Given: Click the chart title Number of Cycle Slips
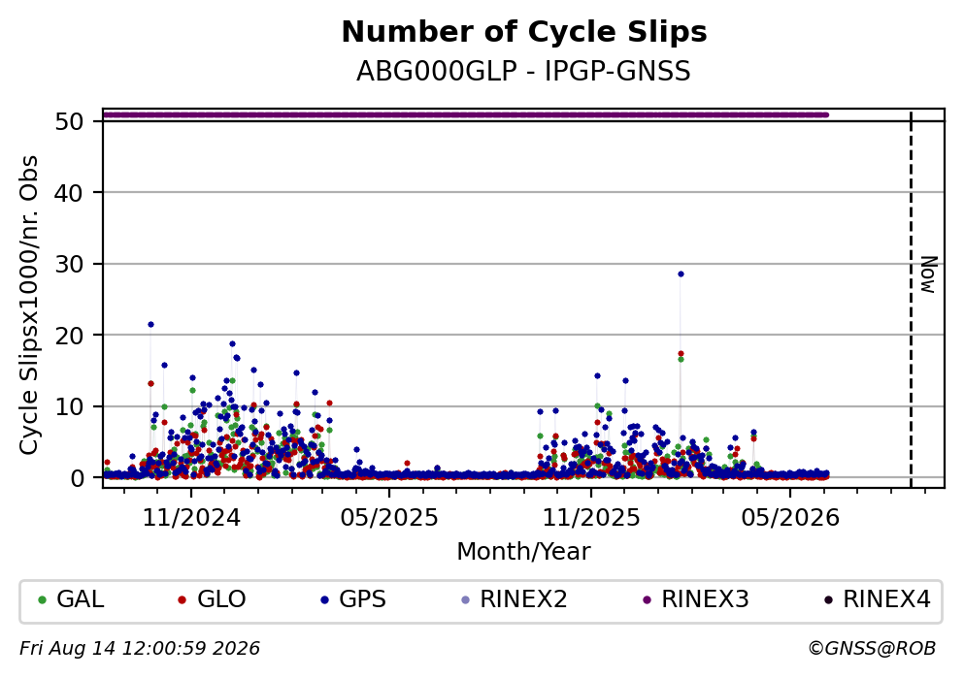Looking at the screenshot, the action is (x=524, y=32).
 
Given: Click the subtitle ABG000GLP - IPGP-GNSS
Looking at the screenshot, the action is (x=524, y=71).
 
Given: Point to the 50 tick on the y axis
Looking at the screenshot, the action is (x=69, y=121).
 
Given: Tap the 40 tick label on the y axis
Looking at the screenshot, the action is (x=69, y=193).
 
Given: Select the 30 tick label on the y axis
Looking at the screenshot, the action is (x=69, y=264).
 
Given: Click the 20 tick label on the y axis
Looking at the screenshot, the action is (x=69, y=336).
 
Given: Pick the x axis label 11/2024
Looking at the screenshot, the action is (x=191, y=518).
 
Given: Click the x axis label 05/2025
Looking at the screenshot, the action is (x=389, y=518).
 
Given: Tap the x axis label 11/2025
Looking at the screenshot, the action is (x=591, y=518).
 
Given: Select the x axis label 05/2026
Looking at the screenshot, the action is (x=790, y=518).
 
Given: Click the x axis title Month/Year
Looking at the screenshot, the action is (x=524, y=552).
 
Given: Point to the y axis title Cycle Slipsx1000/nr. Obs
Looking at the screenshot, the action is (x=28, y=306).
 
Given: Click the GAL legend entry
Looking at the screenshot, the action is (x=71, y=599).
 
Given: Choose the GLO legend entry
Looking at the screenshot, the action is (x=212, y=599).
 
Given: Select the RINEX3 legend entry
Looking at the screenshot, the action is (x=696, y=599).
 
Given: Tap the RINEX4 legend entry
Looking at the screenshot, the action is (x=878, y=599).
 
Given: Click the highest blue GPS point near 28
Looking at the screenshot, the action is (x=681, y=274).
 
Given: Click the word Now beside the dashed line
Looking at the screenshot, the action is (x=928, y=274).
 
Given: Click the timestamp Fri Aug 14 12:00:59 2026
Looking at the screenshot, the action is (x=140, y=649).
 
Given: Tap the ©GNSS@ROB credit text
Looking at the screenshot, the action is (x=873, y=649).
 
